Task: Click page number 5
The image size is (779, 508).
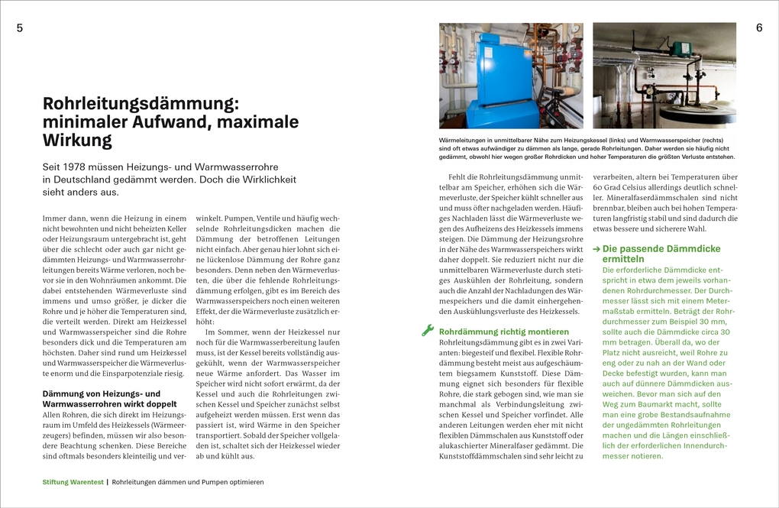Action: coord(20,28)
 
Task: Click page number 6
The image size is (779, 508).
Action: coord(759,28)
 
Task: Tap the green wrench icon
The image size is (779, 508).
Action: coord(428,331)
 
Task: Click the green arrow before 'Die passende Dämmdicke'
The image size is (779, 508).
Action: coord(596,249)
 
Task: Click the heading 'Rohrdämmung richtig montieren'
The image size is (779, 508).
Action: coord(503,332)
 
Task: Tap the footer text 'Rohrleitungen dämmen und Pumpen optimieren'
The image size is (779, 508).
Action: coord(187,482)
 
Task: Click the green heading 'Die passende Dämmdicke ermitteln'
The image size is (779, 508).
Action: coord(661,254)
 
